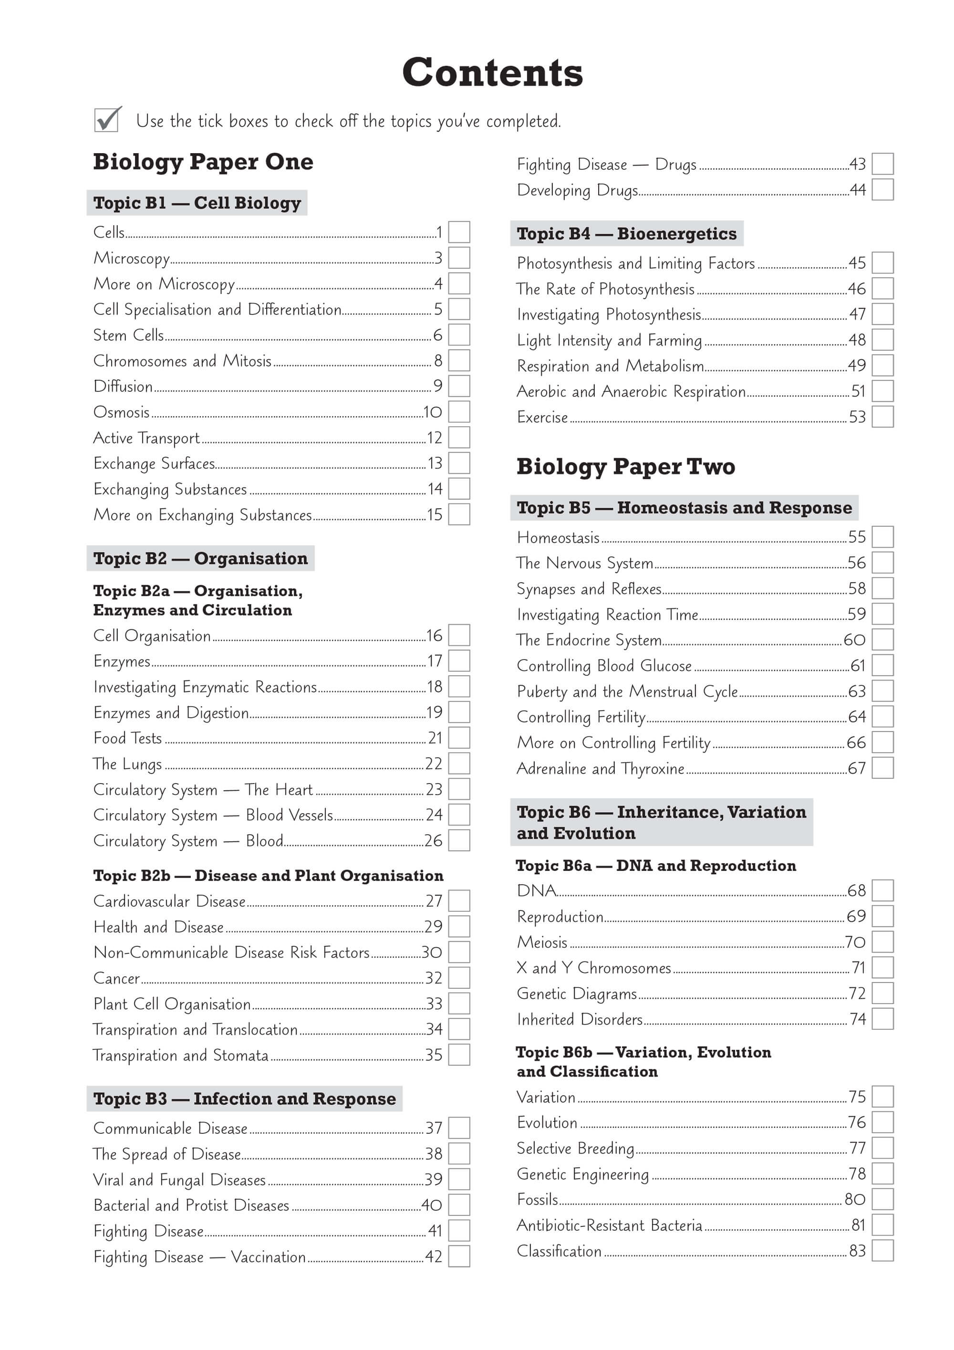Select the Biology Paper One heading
[x=203, y=162]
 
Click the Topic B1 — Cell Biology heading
[x=197, y=203]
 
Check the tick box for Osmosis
[x=459, y=411]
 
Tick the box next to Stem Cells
[x=459, y=335]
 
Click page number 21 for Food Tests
[x=435, y=738]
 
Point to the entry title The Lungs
[x=127, y=764]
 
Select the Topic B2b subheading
[x=268, y=876]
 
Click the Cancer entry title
[x=117, y=978]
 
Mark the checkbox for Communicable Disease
[x=459, y=1128]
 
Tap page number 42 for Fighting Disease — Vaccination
[x=434, y=1256]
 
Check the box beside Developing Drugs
[x=882, y=189]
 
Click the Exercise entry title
[x=542, y=417]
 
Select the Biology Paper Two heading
[x=625, y=466]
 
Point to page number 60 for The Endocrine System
[x=854, y=640]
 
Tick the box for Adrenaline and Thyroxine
[x=882, y=768]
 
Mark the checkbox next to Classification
[x=882, y=1251]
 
